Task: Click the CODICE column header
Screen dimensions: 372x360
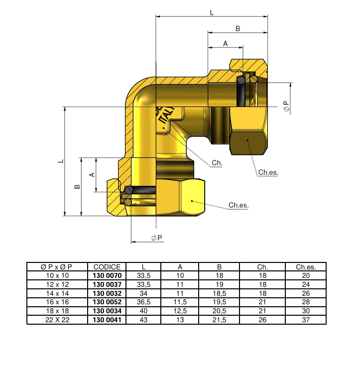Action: click(x=107, y=267)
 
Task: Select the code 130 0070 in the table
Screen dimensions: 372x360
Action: click(x=107, y=275)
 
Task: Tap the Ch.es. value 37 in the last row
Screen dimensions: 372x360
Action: click(x=305, y=320)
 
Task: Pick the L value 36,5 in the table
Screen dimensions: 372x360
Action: click(x=143, y=302)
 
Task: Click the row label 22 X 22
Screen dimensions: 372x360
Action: click(x=57, y=320)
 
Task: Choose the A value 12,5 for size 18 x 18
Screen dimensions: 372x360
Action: click(x=180, y=311)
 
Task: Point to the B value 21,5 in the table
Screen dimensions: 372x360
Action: click(x=219, y=320)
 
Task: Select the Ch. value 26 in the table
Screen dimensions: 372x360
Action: click(x=263, y=320)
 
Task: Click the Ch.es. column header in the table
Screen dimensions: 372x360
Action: click(x=305, y=267)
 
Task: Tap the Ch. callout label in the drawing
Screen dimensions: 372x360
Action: click(x=217, y=163)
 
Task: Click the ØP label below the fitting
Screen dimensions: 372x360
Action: click(x=157, y=238)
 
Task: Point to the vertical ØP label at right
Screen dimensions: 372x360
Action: click(x=286, y=107)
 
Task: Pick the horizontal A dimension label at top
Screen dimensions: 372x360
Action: click(x=225, y=44)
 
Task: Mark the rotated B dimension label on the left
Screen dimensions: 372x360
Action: click(x=77, y=187)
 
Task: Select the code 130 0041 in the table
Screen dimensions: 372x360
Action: click(x=107, y=320)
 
